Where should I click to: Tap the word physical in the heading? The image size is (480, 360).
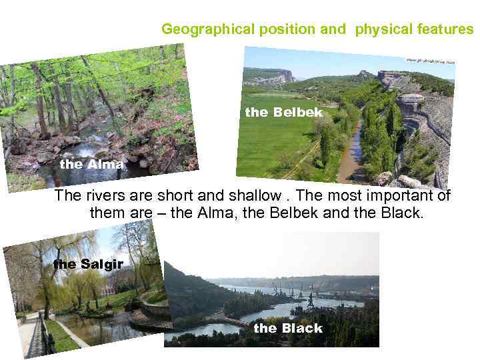[x=379, y=29]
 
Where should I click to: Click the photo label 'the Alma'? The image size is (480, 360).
[x=91, y=164]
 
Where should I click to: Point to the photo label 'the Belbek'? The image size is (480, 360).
[x=283, y=113]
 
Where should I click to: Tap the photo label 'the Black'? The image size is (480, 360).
[x=287, y=328]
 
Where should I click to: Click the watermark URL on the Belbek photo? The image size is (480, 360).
[x=430, y=61]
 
